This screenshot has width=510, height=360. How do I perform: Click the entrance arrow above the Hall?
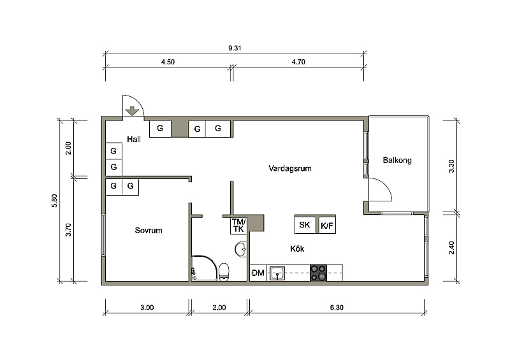point(132,112)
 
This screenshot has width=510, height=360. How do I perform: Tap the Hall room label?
point(134,140)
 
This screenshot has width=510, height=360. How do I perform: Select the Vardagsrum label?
point(290,168)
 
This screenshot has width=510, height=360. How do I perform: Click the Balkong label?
point(397,161)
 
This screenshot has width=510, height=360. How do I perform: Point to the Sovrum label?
point(149,231)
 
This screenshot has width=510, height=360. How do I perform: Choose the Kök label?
point(297,248)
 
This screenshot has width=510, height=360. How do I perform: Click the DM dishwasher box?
point(258,273)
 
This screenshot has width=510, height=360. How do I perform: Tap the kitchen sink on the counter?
point(277,273)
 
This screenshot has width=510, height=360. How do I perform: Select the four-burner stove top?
point(318,273)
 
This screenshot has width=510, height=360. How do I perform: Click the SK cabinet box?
point(305,225)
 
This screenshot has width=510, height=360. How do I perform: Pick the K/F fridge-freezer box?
point(327,226)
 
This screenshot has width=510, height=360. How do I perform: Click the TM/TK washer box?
point(238,226)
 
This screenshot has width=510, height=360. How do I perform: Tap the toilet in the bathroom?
point(224,272)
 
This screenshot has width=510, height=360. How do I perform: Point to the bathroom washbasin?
point(241,249)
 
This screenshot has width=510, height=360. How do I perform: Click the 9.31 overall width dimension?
point(235,48)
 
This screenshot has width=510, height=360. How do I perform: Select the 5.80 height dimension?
point(54,201)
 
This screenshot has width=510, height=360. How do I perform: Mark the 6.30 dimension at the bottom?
point(337,307)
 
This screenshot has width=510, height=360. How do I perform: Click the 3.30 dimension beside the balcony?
point(451,166)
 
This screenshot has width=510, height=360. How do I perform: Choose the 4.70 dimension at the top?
point(298,62)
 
